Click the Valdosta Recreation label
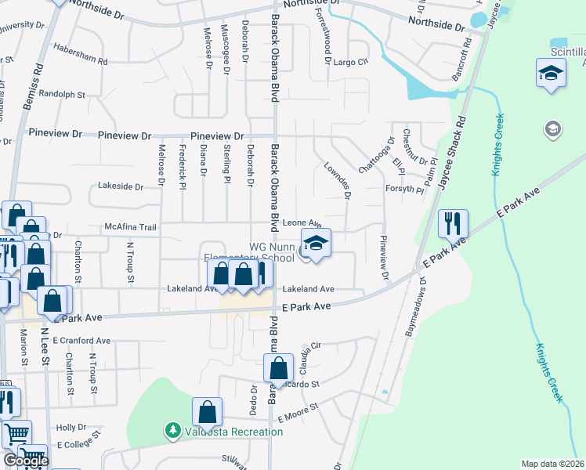click(233, 432)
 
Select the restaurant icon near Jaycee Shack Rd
click(453, 224)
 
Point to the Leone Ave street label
click(302, 223)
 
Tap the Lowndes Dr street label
click(337, 181)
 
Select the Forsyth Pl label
click(404, 190)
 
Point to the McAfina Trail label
click(132, 228)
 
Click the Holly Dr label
click(71, 428)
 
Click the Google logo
click(26, 461)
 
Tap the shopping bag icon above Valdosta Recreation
click(208, 410)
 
